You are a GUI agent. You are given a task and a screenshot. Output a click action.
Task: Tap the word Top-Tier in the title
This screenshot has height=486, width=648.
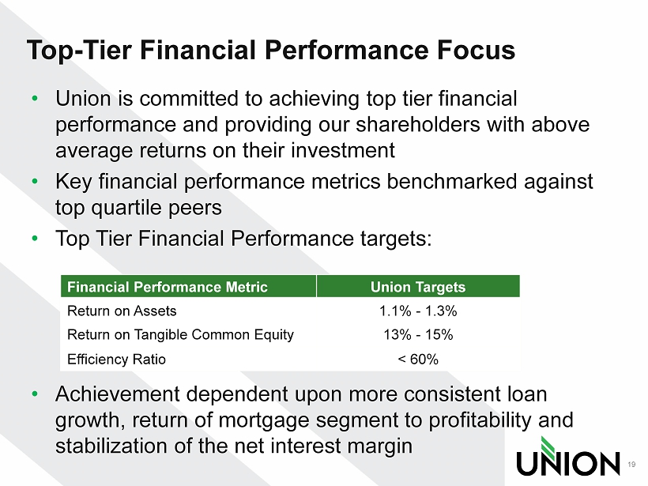(79, 51)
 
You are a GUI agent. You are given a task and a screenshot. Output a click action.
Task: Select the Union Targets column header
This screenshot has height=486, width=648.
(418, 287)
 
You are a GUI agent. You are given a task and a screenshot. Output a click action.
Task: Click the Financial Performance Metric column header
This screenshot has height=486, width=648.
(168, 287)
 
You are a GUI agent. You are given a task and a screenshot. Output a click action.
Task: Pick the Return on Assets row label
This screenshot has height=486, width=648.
(122, 311)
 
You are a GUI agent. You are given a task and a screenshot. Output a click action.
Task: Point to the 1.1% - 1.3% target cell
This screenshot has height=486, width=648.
(418, 311)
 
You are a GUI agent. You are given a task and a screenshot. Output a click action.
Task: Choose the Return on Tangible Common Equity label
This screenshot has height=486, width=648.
(181, 335)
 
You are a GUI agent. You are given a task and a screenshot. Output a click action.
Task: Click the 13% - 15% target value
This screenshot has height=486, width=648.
(418, 334)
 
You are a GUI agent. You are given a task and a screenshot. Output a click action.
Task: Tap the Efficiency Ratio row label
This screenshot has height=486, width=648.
(116, 360)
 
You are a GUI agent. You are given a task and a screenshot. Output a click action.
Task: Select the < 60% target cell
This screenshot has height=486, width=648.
(418, 359)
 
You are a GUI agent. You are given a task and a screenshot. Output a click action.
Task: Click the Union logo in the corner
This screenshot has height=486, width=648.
(568, 457)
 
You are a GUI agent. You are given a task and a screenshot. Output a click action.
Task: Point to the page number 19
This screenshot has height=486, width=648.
(631, 465)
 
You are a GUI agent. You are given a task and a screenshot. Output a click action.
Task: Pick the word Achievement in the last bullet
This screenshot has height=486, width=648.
(118, 394)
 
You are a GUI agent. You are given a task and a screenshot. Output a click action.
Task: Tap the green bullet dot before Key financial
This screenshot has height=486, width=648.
(35, 181)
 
